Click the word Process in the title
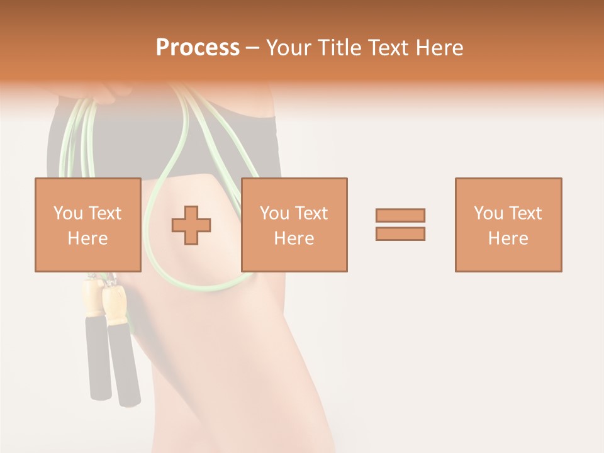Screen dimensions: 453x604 coord(198,48)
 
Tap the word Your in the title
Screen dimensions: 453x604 coord(289,48)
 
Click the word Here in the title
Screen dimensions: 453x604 coord(442,48)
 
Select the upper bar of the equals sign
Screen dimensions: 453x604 coord(400,215)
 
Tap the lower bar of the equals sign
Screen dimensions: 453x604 coord(400,234)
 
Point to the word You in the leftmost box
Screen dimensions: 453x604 coord(67,213)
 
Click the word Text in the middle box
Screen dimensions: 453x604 coord(312,213)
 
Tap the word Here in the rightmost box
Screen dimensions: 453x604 coord(508,238)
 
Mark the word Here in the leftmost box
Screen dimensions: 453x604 coord(87,238)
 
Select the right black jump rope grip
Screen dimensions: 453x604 coord(124,365)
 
